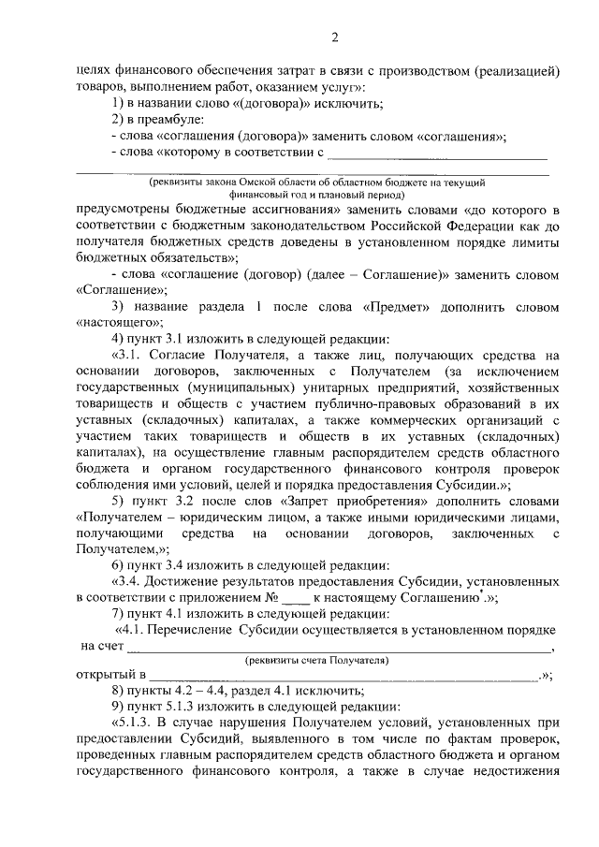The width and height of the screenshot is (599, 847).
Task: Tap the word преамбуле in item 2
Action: click(163, 120)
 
